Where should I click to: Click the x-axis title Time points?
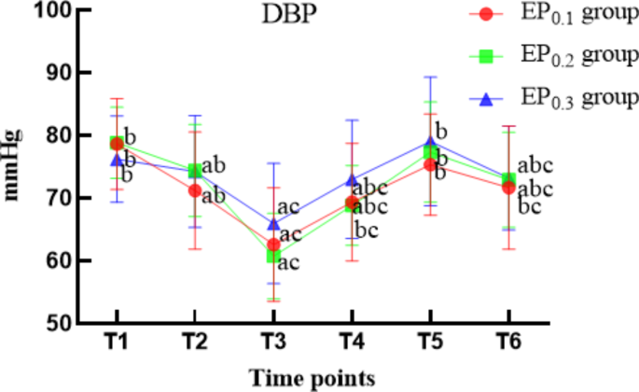pyautogui.click(x=312, y=377)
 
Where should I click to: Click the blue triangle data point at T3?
pyautogui.click(x=273, y=224)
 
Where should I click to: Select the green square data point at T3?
pyautogui.click(x=273, y=255)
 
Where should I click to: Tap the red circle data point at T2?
pyautogui.click(x=195, y=190)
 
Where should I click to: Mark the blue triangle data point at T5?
pyautogui.click(x=430, y=143)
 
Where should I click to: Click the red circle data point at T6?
pyautogui.click(x=508, y=188)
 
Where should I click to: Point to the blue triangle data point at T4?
pyautogui.click(x=352, y=180)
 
